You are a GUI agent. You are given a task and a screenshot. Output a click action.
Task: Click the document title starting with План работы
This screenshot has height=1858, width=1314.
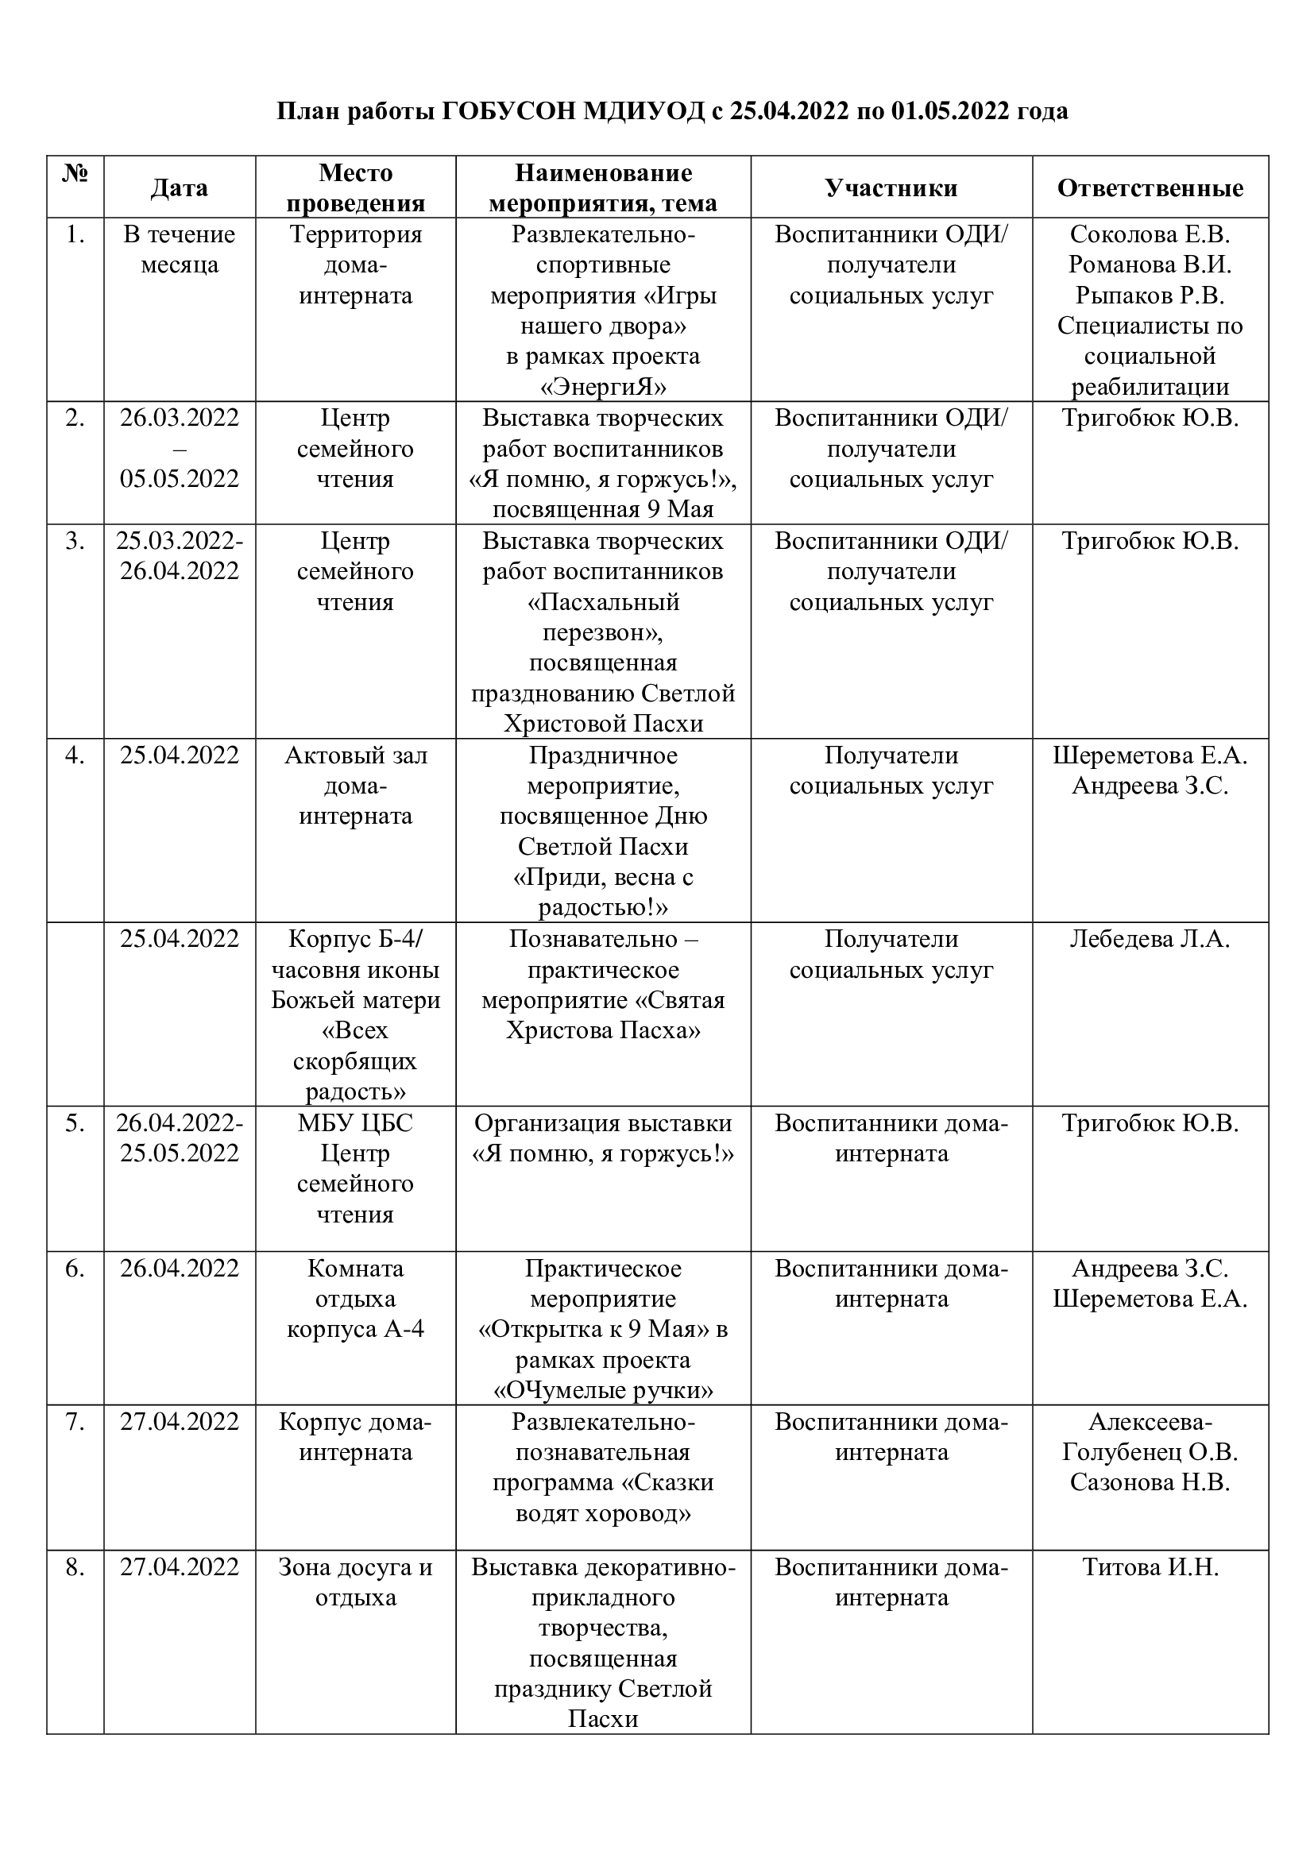(x=671, y=111)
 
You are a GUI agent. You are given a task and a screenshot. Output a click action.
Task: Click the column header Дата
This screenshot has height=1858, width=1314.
(x=179, y=187)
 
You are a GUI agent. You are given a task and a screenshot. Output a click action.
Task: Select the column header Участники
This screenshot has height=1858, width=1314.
(x=891, y=187)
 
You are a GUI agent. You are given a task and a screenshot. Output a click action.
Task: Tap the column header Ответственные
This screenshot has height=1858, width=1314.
(x=1150, y=187)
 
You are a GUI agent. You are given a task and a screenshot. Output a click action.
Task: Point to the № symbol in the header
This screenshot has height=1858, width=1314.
(x=75, y=173)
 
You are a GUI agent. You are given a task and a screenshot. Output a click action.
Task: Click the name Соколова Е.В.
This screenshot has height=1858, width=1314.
(x=1150, y=234)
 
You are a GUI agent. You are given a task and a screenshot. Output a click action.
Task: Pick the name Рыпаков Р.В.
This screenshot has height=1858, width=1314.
(x=1150, y=296)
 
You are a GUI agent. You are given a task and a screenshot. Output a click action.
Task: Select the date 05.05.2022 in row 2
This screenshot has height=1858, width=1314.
(x=180, y=479)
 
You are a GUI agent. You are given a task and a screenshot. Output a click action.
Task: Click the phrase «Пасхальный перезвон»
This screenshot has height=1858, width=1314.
(x=603, y=616)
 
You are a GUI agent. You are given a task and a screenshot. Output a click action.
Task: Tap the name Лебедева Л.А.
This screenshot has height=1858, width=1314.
(x=1150, y=940)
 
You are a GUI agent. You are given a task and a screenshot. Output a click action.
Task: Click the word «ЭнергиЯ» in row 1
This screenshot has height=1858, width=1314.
(x=603, y=387)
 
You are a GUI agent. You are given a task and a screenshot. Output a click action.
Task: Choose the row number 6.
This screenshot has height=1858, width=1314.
(x=75, y=1269)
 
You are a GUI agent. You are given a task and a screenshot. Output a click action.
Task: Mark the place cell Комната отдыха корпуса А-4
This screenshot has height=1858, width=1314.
(x=355, y=1299)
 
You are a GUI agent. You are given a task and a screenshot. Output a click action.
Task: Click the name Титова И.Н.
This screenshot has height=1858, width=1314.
(x=1150, y=1567)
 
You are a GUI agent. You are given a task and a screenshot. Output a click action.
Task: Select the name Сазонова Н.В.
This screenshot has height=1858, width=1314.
(x=1150, y=1482)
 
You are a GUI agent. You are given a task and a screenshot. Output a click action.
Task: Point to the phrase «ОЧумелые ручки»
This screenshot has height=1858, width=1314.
(x=603, y=1391)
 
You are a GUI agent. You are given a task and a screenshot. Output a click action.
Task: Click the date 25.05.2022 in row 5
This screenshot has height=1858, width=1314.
(x=180, y=1153)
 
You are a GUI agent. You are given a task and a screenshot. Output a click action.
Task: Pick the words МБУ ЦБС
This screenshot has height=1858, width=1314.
(x=355, y=1123)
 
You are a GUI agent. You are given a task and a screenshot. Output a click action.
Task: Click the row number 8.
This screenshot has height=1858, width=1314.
(x=75, y=1567)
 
